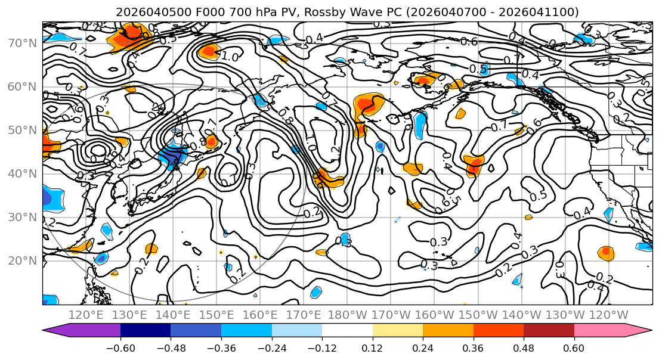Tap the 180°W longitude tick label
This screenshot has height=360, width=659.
pyautogui.click(x=348, y=315)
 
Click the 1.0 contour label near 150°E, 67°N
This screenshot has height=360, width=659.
pyautogui.click(x=231, y=57)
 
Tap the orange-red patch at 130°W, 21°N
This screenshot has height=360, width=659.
pyautogui.click(x=606, y=253)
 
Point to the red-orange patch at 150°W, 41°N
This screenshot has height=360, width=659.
pyautogui.click(x=474, y=165)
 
